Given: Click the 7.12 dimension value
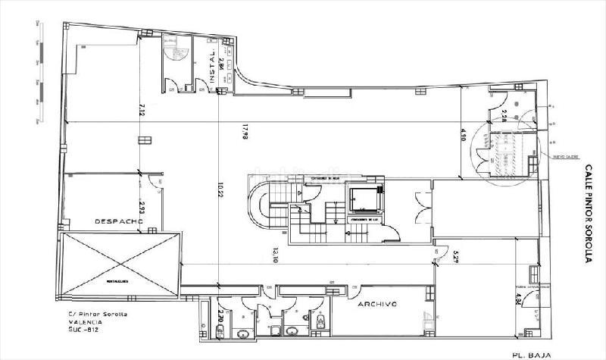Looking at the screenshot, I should [x=142, y=108].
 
